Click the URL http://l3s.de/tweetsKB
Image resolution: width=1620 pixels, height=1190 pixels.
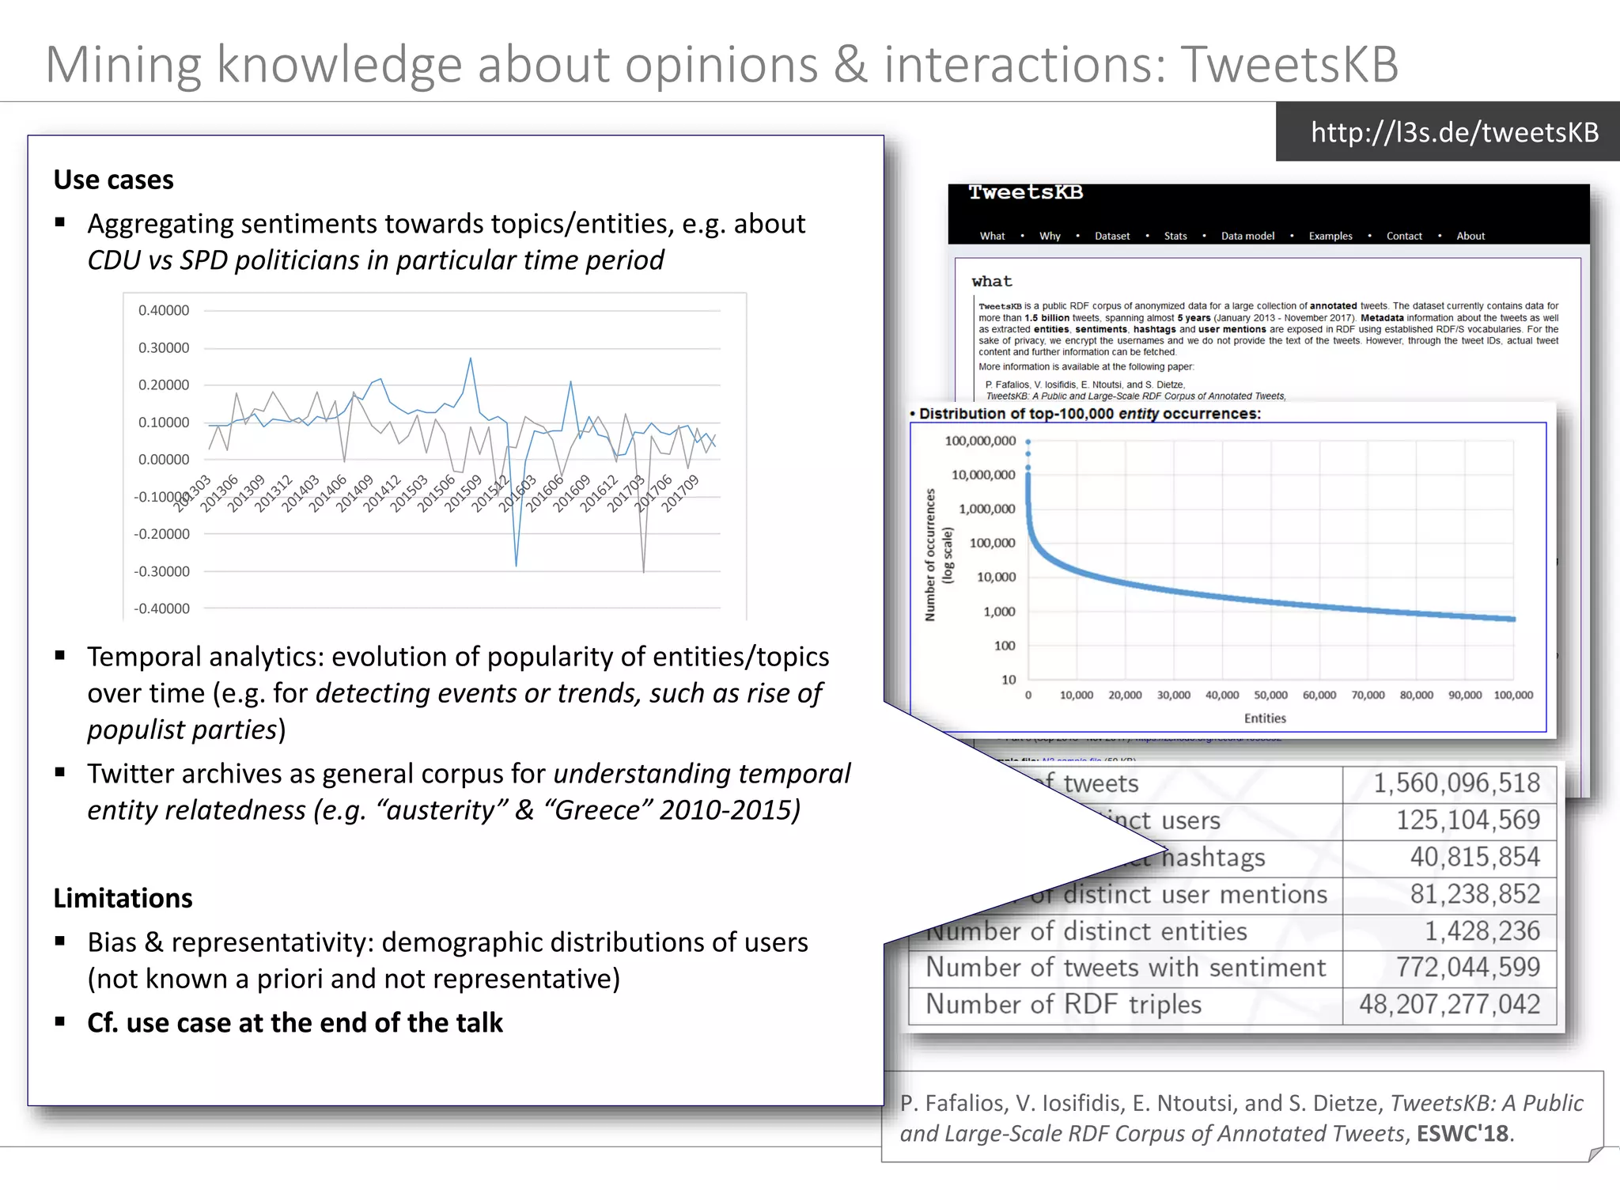(x=1454, y=132)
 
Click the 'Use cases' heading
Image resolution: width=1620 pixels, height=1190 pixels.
(x=113, y=180)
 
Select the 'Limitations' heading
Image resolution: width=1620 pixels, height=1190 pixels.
(x=123, y=898)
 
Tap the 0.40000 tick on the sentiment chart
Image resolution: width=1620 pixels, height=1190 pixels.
(x=164, y=310)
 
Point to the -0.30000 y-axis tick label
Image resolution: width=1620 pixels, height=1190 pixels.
(x=162, y=571)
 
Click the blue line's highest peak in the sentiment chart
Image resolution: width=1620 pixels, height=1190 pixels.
(x=471, y=358)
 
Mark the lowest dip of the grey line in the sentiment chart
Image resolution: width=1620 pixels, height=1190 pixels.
(x=644, y=571)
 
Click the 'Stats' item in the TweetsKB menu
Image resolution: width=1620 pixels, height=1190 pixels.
(x=1175, y=236)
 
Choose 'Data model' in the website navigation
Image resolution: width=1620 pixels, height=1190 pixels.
(x=1247, y=236)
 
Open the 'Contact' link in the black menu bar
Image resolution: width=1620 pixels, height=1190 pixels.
(x=1404, y=236)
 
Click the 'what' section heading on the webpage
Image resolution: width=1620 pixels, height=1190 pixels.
(x=992, y=282)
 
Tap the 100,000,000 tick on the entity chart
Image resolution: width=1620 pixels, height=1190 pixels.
(x=980, y=441)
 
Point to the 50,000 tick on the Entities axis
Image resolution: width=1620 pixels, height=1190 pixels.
(x=1270, y=695)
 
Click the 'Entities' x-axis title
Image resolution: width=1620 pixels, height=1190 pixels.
(x=1265, y=718)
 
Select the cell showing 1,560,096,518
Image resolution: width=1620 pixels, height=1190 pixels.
(x=1456, y=783)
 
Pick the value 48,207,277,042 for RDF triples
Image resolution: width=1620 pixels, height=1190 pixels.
(x=1449, y=1004)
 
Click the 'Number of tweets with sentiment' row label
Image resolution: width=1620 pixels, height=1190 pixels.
(x=1125, y=968)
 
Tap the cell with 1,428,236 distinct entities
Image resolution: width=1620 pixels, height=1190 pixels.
(x=1482, y=931)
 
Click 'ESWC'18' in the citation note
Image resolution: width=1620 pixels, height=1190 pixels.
(x=1462, y=1134)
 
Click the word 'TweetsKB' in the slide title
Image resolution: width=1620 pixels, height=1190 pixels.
(x=1290, y=64)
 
